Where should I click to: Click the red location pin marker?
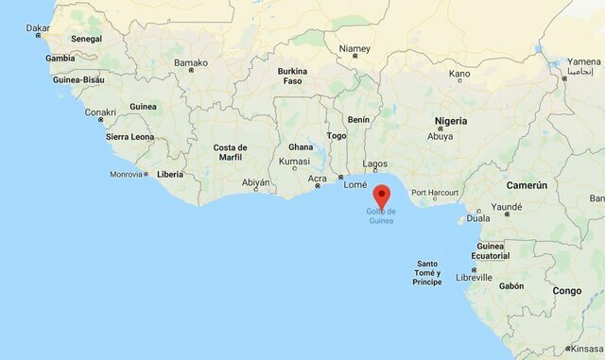pyautogui.click(x=382, y=196)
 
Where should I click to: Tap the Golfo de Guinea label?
pyautogui.click(x=382, y=215)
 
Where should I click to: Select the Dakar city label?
pyautogui.click(x=38, y=28)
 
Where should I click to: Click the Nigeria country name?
pyautogui.click(x=450, y=121)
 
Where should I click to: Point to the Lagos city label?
pyautogui.click(x=374, y=163)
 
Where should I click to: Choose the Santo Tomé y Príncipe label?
pyautogui.click(x=427, y=272)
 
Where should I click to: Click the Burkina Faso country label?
pyautogui.click(x=292, y=77)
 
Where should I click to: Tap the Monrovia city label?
pyautogui.click(x=126, y=174)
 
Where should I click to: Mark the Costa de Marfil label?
pyautogui.click(x=230, y=153)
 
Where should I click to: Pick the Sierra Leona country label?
pyautogui.click(x=130, y=137)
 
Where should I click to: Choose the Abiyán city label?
pyautogui.click(x=255, y=182)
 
